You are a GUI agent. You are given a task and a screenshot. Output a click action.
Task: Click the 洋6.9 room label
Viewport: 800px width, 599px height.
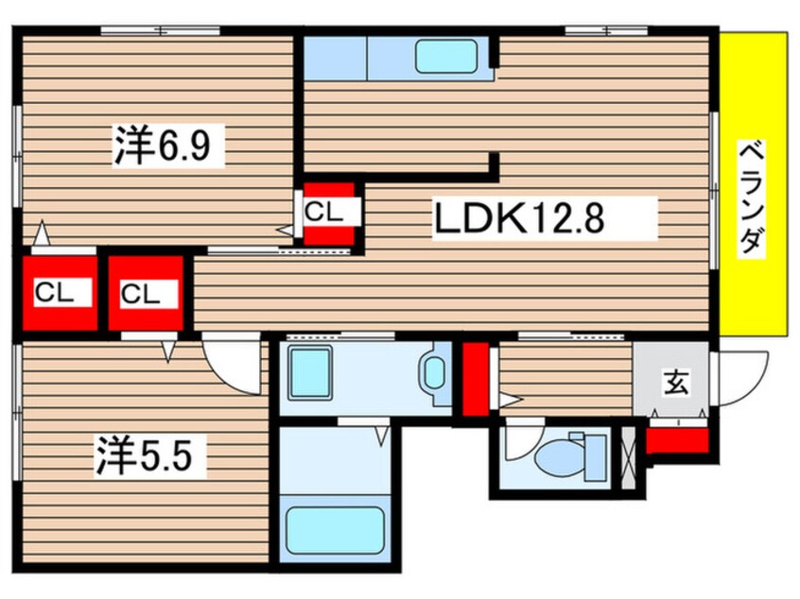168,147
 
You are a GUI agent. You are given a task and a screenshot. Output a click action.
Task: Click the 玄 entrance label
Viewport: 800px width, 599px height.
674,383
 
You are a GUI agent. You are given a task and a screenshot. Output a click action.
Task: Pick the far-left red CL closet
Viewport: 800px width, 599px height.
55,293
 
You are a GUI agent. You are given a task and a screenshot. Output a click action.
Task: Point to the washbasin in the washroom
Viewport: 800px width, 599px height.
435,372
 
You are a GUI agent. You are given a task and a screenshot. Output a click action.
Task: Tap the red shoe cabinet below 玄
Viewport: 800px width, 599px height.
677,438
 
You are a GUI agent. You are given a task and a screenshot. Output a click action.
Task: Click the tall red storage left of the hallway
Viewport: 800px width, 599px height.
476,378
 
